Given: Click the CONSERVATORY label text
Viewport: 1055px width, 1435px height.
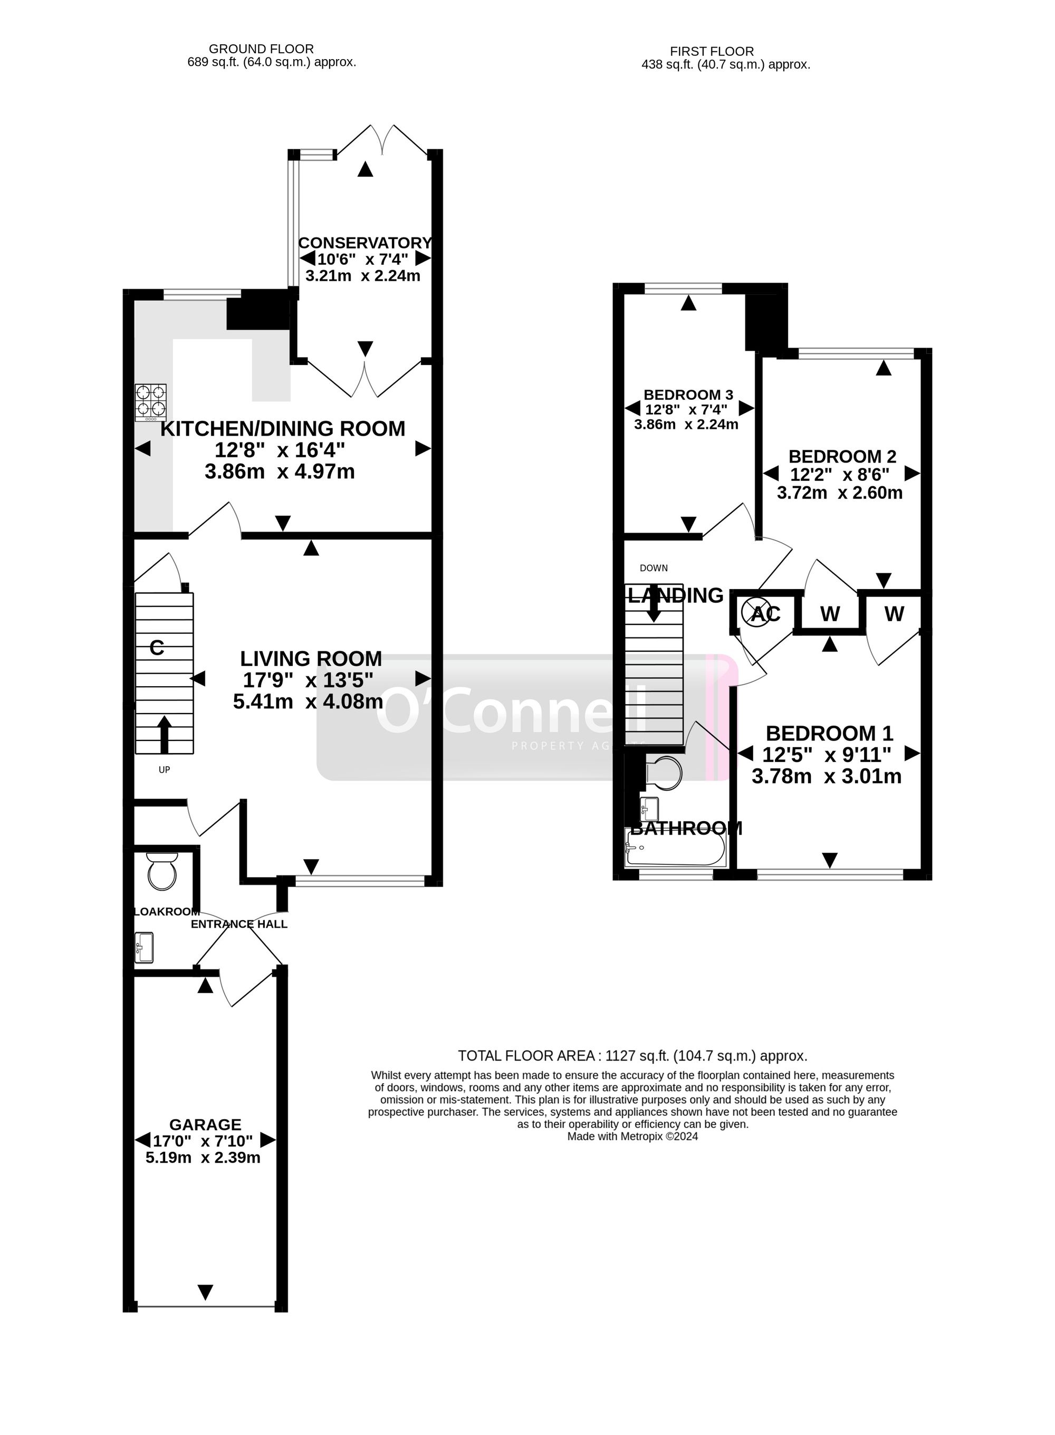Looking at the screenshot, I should [x=365, y=243].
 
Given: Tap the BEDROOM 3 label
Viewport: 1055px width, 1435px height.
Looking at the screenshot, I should [x=688, y=394].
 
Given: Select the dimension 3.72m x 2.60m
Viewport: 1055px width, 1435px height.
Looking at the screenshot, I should [x=839, y=493].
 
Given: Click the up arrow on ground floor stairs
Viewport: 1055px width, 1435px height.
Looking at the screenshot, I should [x=164, y=734].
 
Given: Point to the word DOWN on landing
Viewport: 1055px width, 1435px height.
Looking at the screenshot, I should [x=653, y=567].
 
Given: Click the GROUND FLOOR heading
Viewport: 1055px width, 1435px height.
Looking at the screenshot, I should [x=261, y=49].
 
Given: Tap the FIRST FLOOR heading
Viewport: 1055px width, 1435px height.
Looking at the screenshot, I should [x=712, y=51].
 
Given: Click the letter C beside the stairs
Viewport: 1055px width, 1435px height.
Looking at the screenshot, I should [x=157, y=648].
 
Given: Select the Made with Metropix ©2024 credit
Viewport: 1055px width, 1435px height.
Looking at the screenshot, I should [x=632, y=1137].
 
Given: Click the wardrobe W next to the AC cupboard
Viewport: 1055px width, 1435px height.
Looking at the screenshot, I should [x=830, y=613].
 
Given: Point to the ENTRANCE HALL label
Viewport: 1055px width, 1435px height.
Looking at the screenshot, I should [x=239, y=923].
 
